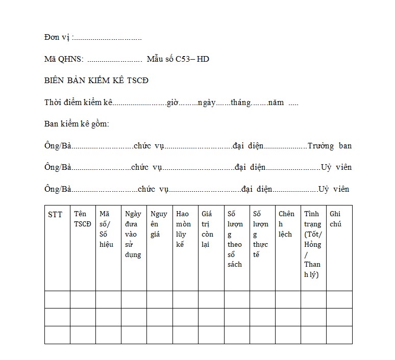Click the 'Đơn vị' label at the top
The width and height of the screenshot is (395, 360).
coord(57,38)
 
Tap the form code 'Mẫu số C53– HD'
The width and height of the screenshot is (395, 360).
coord(178,59)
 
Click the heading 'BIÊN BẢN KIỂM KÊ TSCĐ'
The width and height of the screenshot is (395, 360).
coord(96,81)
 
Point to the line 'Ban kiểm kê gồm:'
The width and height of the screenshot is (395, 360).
coord(77,124)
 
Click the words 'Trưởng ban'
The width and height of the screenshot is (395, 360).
coord(329,146)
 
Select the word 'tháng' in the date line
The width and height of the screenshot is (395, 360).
coord(240,102)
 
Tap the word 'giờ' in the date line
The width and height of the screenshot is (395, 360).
coord(172,102)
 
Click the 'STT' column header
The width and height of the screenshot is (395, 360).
coord(55,215)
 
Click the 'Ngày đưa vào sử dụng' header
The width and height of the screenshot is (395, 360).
coord(133,234)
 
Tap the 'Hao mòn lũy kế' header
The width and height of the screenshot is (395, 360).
coord(183,229)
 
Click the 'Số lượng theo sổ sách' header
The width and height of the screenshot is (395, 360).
coord(235,239)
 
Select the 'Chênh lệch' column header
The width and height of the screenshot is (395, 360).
coord(286,224)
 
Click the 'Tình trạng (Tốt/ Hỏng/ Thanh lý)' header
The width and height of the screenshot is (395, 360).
coord(312,244)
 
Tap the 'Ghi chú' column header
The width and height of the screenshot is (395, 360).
coord(336,219)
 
